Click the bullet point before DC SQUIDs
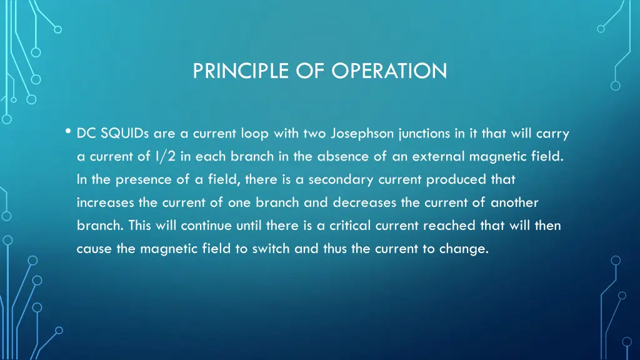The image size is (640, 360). [x=67, y=131]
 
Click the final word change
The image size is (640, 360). [x=462, y=249]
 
